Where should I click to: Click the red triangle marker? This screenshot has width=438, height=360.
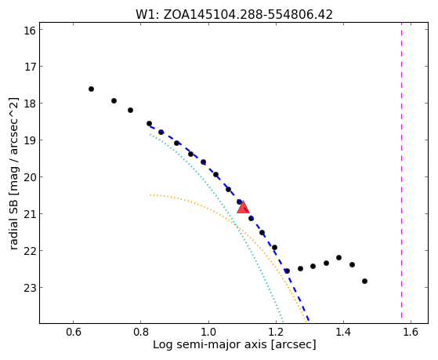(x=243, y=207)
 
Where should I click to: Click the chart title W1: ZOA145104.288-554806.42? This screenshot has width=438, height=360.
(x=234, y=15)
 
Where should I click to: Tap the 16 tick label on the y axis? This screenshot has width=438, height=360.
(x=30, y=31)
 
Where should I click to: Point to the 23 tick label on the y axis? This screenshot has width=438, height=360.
(x=30, y=288)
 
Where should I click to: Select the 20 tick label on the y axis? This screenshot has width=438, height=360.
(x=30, y=177)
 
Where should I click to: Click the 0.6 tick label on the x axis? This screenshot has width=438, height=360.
(x=73, y=332)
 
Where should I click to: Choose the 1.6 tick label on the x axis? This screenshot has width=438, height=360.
(x=411, y=332)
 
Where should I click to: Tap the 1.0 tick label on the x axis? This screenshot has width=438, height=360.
(x=208, y=332)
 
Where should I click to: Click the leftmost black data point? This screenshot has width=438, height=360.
(x=91, y=89)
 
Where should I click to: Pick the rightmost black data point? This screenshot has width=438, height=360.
(x=364, y=281)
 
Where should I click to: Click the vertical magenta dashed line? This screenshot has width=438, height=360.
(x=401, y=170)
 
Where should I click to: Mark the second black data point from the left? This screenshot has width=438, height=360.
(x=114, y=100)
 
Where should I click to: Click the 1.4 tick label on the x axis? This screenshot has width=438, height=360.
(x=343, y=332)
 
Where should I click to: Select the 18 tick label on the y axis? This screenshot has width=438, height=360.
(x=30, y=104)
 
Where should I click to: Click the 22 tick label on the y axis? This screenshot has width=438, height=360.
(x=30, y=251)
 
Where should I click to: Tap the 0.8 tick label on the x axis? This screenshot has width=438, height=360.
(x=141, y=332)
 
